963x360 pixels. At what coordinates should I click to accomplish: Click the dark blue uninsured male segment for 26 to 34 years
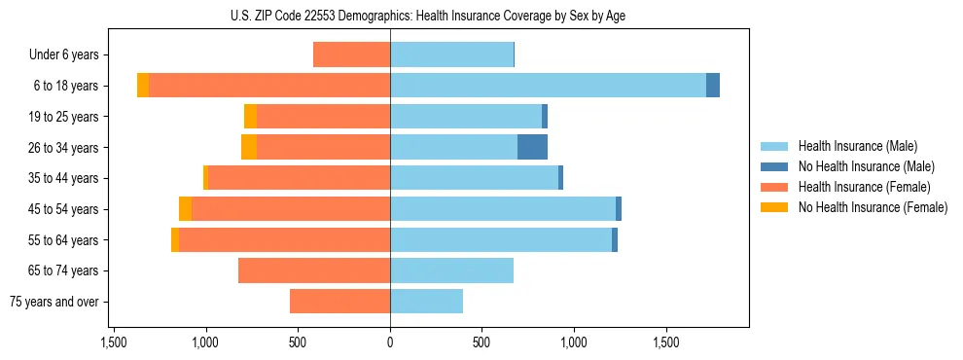click(x=532, y=148)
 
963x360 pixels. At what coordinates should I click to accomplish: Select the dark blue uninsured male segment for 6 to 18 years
click(x=713, y=86)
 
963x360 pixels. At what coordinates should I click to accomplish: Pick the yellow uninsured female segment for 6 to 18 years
click(x=143, y=86)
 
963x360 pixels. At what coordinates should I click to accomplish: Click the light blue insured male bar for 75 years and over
click(x=426, y=302)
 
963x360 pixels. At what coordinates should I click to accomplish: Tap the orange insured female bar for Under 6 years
click(x=351, y=54)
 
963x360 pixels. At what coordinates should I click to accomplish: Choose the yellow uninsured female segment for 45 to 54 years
click(x=185, y=209)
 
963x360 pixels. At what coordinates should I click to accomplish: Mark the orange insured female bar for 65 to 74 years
click(x=314, y=270)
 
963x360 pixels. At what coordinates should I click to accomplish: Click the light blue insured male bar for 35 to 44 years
click(x=474, y=178)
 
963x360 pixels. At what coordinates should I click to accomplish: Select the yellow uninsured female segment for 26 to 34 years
click(x=249, y=148)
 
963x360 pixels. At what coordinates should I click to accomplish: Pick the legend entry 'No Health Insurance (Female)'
click(x=872, y=207)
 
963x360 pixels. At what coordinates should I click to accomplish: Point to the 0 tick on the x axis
click(x=390, y=343)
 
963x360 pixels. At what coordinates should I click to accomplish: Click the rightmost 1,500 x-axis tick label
click(x=666, y=343)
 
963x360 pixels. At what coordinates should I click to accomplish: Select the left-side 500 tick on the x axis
click(x=298, y=343)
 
